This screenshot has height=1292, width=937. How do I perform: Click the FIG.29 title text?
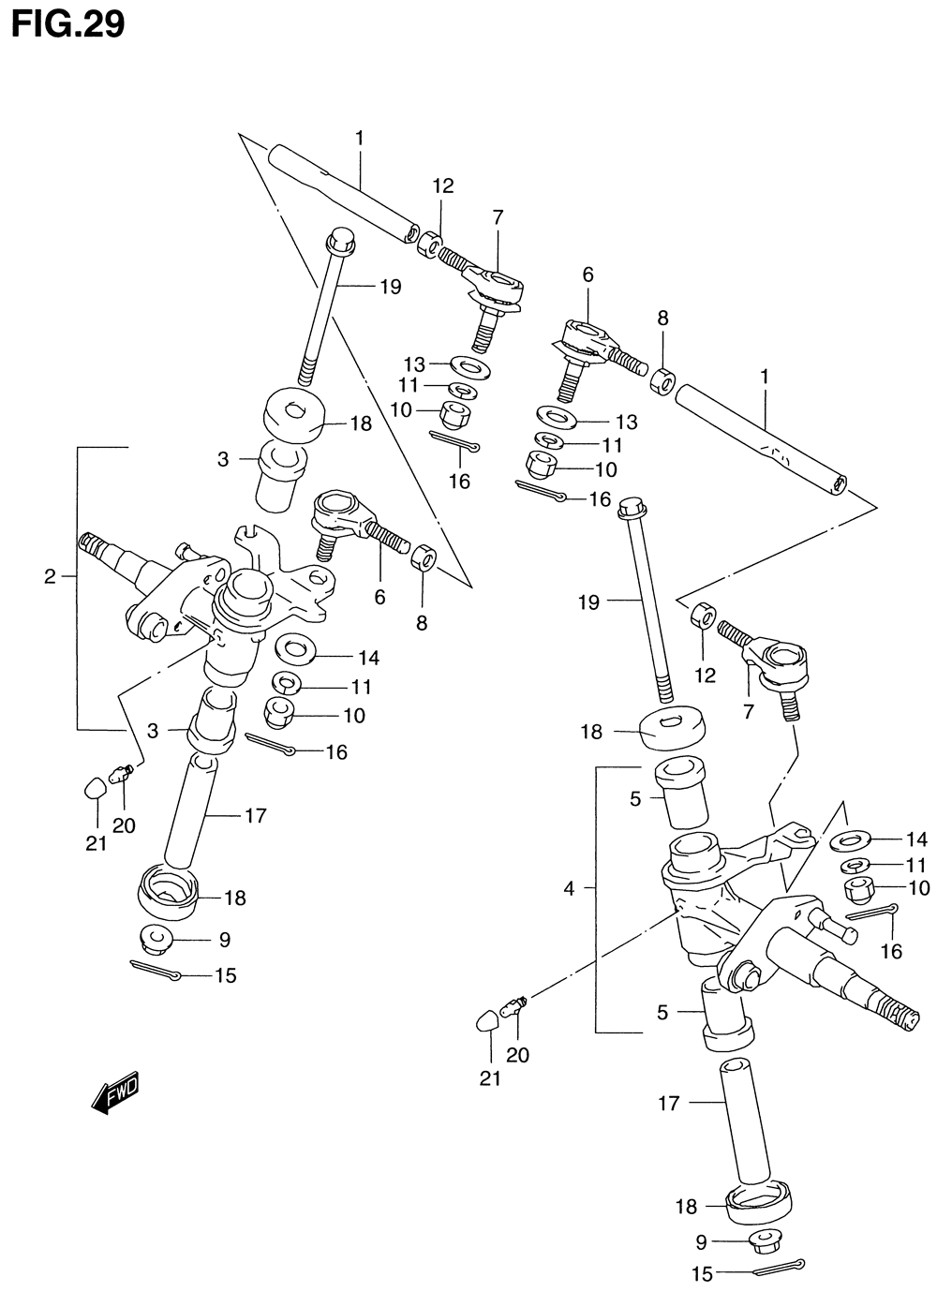point(68,24)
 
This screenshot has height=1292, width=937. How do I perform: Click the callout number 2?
point(51,575)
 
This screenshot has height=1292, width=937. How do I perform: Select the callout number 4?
point(569,889)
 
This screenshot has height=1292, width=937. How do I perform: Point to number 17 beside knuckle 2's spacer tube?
point(256,815)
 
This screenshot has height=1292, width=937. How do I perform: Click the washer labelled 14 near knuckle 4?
point(851,839)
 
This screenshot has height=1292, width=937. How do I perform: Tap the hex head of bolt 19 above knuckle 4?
point(632,507)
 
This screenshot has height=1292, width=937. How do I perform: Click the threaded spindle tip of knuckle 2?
point(89,542)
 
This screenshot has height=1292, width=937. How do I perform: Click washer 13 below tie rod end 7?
point(468,366)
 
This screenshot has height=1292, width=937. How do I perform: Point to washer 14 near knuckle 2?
point(295,648)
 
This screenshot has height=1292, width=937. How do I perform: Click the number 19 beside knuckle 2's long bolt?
point(391,287)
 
